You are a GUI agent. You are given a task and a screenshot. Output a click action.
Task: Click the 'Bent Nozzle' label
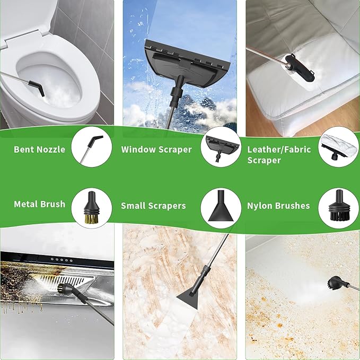39,150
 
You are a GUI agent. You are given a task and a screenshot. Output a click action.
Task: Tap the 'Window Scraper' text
156,150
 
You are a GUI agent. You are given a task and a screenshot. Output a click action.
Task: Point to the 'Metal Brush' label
40,204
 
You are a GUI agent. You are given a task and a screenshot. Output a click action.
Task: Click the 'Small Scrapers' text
153,206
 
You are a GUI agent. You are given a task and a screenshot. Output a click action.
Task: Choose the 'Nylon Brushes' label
278,206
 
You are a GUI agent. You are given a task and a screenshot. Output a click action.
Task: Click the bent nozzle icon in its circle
91,150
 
